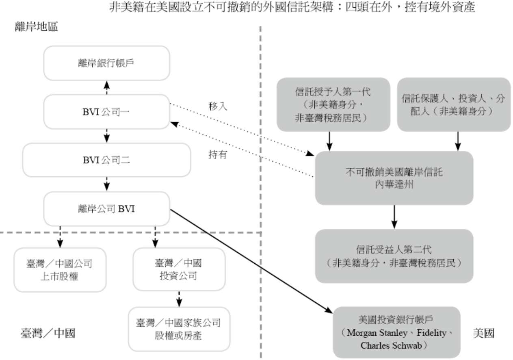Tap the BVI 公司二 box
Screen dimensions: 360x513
[106, 160]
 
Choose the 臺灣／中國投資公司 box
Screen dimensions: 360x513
[179, 269]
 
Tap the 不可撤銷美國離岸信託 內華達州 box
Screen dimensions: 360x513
[394, 178]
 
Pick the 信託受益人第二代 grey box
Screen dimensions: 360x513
[394, 256]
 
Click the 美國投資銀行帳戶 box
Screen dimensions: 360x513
[396, 332]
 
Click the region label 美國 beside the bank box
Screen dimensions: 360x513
[483, 333]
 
